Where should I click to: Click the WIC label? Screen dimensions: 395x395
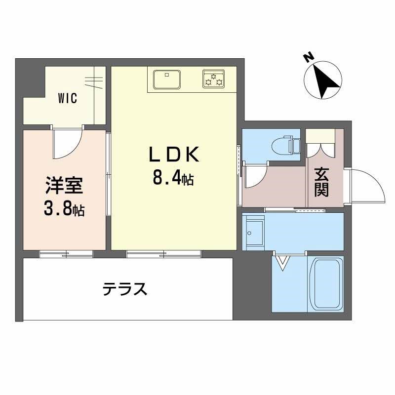67,98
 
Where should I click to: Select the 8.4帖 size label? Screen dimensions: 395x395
172,178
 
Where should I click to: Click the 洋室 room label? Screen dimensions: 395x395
64,188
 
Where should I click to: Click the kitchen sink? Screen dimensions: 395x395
167,79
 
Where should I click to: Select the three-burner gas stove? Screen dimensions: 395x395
214,79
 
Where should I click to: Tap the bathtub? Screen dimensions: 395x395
326,283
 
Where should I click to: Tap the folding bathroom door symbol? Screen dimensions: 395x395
283,262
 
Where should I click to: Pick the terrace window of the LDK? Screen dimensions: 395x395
164,254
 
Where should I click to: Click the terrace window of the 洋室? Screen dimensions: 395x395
66,254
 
